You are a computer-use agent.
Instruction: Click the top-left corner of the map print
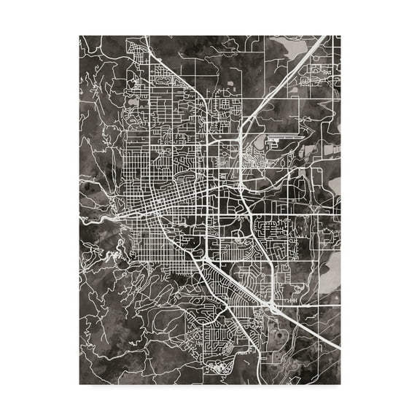[x=79, y=35]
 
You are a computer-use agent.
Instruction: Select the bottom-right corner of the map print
[x=341, y=384]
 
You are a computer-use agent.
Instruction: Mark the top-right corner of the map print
[x=341, y=35]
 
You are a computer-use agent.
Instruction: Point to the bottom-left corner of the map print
[x=79, y=384]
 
